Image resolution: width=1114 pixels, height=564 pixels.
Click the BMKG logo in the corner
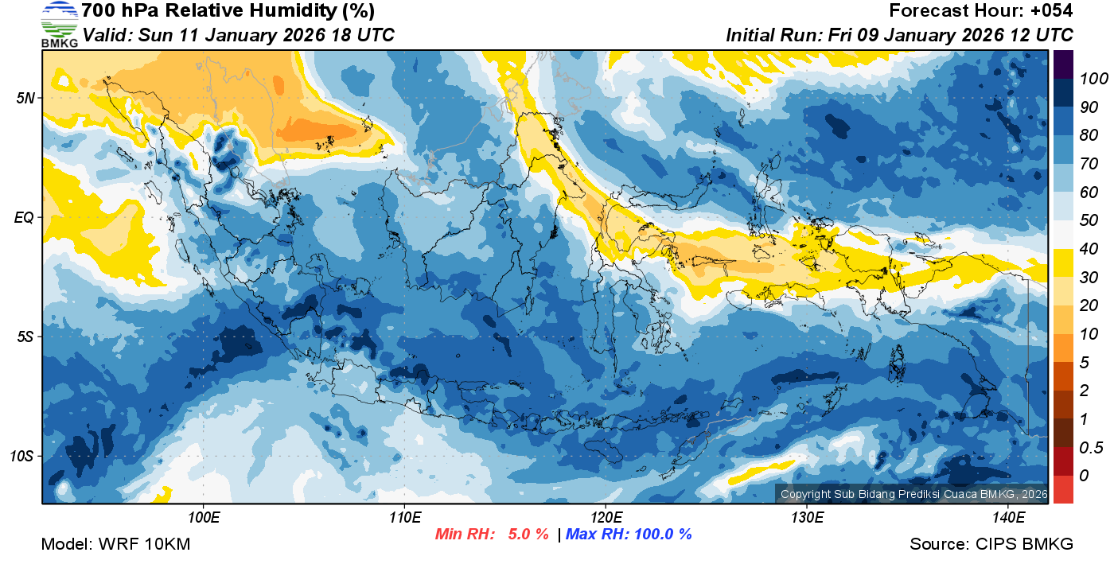pos(59,24)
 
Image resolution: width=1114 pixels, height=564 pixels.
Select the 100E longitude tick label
pos(203,518)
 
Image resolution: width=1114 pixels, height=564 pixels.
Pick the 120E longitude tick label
pos(606,518)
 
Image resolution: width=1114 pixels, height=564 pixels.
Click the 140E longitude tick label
pos(1008,518)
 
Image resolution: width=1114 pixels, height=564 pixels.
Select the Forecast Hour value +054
pos(1050,11)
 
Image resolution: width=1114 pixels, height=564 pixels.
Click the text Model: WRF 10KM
pos(115,545)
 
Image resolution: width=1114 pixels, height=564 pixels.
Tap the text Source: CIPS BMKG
pos(991,545)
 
